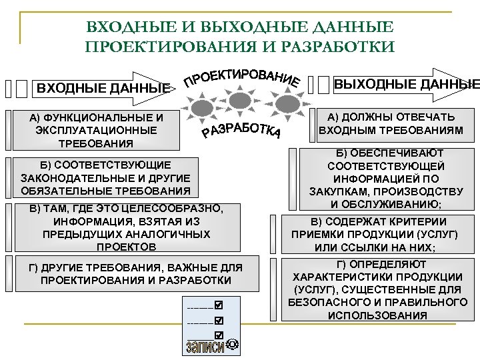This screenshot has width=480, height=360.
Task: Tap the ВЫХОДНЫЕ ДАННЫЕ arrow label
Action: (x=406, y=85)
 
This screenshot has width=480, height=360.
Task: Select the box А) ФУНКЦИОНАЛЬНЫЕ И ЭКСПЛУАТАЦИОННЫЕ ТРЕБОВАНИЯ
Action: (x=97, y=130)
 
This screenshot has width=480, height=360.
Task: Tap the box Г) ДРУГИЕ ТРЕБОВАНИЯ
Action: (x=136, y=273)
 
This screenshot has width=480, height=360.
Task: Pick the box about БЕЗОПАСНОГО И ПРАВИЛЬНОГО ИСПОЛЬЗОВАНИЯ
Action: (x=377, y=289)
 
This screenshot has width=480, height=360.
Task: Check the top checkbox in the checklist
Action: (x=218, y=306)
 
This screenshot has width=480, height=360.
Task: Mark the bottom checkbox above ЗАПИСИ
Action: (x=218, y=333)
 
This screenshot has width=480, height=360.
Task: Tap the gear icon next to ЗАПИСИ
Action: (x=232, y=345)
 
